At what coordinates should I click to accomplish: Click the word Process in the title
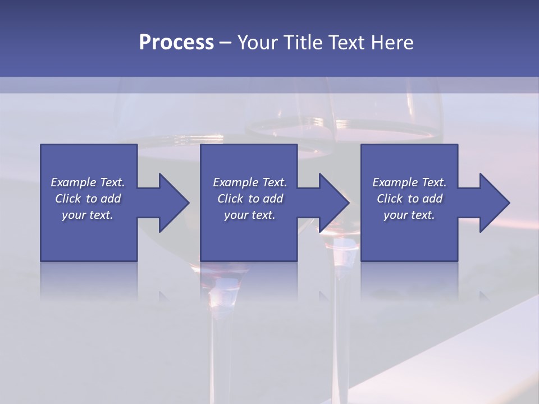coord(176,43)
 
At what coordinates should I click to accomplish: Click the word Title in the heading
coord(305,43)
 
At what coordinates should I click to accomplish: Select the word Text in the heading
coord(348,43)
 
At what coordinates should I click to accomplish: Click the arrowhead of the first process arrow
coord(174,203)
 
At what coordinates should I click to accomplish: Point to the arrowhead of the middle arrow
coord(334,203)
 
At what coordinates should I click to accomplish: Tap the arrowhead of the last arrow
coord(495,203)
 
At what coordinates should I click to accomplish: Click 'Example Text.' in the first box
coord(88,182)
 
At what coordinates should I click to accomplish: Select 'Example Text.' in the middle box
coord(249,182)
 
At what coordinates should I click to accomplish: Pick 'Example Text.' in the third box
coord(409,182)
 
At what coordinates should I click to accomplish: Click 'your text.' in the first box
coord(88,215)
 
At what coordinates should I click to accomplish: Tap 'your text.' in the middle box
coord(249,215)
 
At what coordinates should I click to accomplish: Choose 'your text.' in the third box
coord(409,215)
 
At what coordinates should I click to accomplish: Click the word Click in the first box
coord(68,199)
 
